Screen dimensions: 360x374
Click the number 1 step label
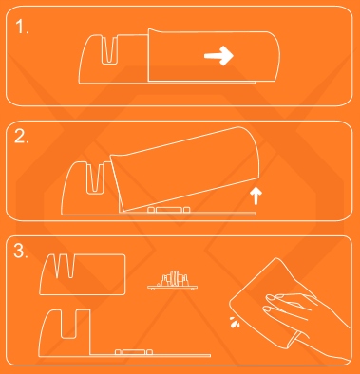[x=22, y=27]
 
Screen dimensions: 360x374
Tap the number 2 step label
[x=22, y=137]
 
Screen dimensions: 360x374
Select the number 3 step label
[x=21, y=251]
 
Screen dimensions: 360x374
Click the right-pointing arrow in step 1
[x=218, y=56]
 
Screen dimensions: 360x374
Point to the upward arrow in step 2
[x=256, y=196]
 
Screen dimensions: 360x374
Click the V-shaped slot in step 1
[x=109, y=50]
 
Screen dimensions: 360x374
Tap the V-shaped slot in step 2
[x=95, y=178]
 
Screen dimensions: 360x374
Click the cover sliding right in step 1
[x=214, y=56]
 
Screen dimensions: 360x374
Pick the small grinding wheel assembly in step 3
[x=173, y=281]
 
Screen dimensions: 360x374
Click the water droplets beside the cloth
[x=235, y=322]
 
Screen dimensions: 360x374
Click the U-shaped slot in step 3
[x=68, y=325]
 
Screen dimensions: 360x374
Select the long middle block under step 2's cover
[x=168, y=210]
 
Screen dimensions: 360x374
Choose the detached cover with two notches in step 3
[x=83, y=274]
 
